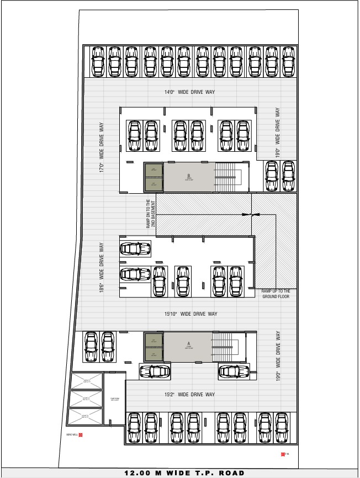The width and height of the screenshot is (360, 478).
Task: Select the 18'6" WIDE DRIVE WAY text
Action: tap(102, 268)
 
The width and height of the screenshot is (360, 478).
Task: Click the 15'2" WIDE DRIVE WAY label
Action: tap(189, 394)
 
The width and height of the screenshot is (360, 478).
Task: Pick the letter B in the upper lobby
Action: tap(188, 176)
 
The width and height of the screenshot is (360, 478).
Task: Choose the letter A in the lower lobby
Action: tap(188, 343)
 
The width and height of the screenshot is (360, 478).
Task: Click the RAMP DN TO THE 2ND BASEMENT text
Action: tap(151, 214)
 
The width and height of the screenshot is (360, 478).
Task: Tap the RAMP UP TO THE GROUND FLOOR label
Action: tap(276, 294)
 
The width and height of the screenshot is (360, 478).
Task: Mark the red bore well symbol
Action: tap(81, 435)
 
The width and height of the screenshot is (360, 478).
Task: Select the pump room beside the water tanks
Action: tap(114, 399)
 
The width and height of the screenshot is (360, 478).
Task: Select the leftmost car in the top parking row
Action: tap(98, 61)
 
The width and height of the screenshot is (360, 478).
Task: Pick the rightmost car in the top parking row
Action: tap(287, 61)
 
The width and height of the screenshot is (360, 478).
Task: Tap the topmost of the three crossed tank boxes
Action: tap(86, 380)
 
